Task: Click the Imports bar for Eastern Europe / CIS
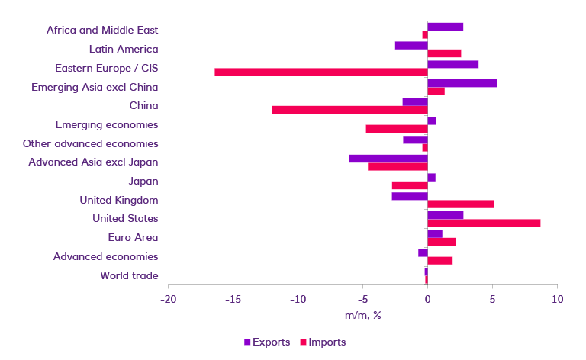(320, 72)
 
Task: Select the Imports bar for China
(349, 110)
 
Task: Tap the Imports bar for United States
(484, 223)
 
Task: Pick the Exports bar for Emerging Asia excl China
(462, 83)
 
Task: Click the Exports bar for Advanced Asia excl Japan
(388, 159)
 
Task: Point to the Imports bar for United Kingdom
(461, 204)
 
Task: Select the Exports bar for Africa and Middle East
(446, 27)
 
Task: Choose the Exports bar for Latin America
(411, 45)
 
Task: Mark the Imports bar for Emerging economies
(397, 128)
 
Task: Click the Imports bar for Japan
(410, 185)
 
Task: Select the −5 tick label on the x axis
(362, 298)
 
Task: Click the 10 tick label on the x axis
(557, 298)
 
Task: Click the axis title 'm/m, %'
(362, 316)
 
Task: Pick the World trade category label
(129, 275)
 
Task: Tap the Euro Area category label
(134, 238)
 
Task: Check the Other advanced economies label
(90, 143)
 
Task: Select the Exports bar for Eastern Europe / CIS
(453, 64)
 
